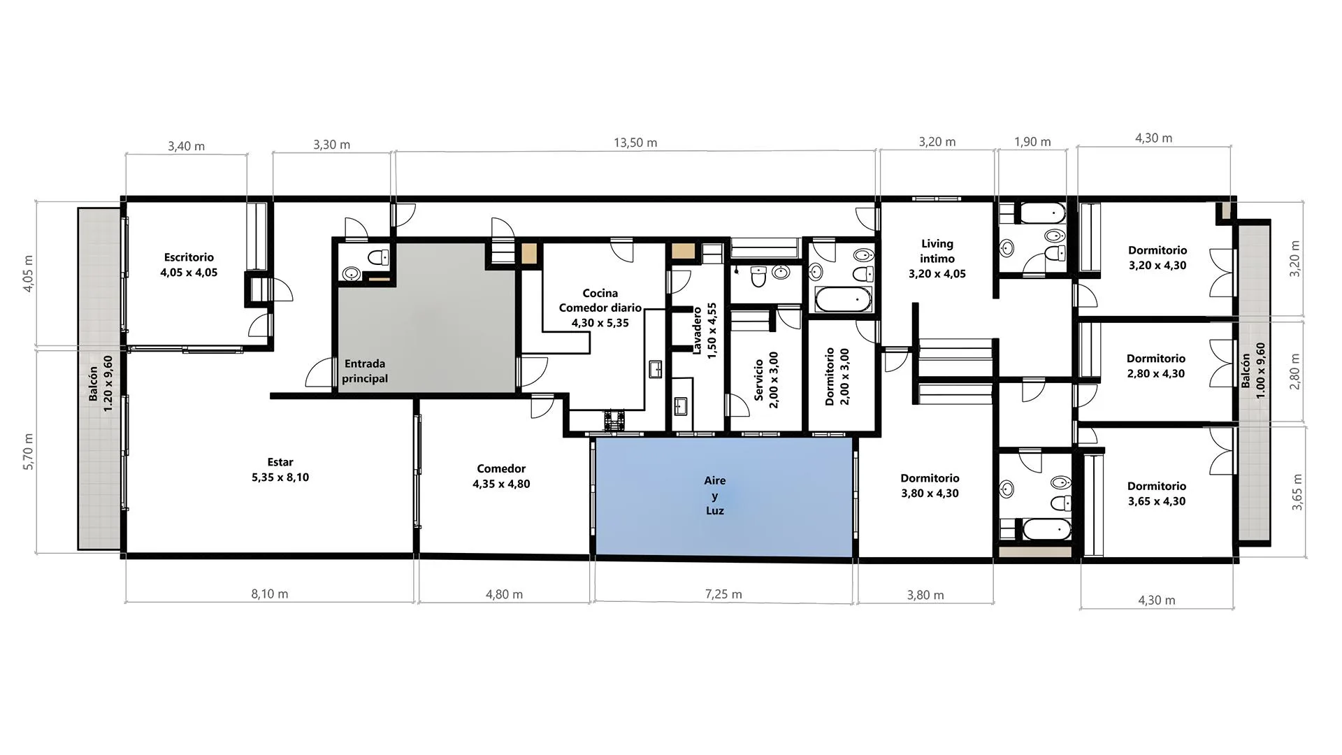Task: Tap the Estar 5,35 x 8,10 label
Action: [280, 470]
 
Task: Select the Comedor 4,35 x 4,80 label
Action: [501, 476]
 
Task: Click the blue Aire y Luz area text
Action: [714, 496]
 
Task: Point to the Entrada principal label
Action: [365, 371]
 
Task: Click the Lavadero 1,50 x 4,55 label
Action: [704, 331]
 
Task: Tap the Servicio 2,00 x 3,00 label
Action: [766, 380]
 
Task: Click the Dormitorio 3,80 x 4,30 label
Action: [930, 486]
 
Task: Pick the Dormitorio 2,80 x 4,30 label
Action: [1156, 366]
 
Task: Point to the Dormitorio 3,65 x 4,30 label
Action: [1157, 494]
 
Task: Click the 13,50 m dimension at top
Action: [635, 143]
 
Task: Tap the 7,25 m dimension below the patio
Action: [723, 594]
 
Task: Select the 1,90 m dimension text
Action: [1032, 142]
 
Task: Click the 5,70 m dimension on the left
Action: [29, 452]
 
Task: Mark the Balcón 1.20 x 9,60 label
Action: [101, 384]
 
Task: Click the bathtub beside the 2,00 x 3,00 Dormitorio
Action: [844, 300]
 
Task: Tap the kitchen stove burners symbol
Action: [614, 419]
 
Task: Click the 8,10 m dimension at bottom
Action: [270, 594]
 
